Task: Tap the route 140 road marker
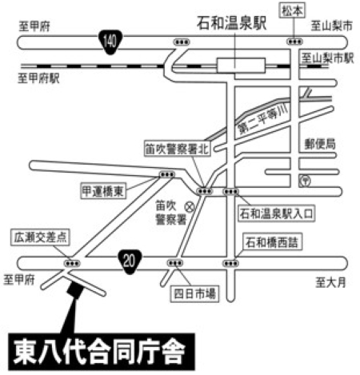pos(109,38)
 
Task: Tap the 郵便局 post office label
pos(320,144)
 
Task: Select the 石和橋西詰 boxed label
pos(272,240)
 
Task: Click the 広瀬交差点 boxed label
pos(42,237)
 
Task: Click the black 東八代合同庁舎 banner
pos(101,350)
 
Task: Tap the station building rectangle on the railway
pos(237,63)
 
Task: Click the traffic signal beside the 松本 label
pos(296,39)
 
